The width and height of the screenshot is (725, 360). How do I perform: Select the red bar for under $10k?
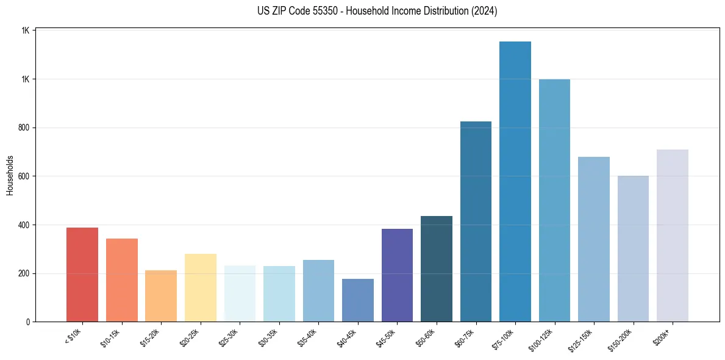tap(82, 275)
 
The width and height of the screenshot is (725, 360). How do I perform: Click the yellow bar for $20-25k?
tap(201, 287)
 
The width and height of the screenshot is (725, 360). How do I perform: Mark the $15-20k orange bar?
tap(161, 296)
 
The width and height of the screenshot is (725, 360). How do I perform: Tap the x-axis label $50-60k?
tap(426, 337)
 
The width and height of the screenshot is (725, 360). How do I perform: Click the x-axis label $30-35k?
tap(268, 337)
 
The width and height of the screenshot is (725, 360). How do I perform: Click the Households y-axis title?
tap(10, 175)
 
